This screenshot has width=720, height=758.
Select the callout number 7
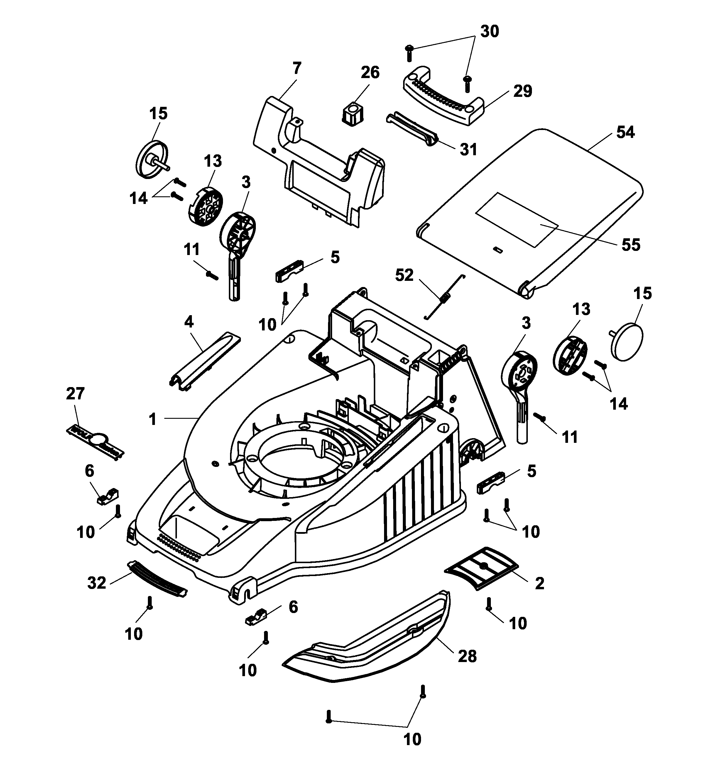click(297, 68)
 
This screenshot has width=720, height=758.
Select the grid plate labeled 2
click(481, 568)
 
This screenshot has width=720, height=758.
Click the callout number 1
click(153, 419)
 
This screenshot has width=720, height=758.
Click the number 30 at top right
click(489, 31)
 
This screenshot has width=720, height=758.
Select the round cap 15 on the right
click(626, 342)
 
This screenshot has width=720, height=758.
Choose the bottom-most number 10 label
click(412, 739)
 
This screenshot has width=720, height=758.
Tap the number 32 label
click(96, 583)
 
